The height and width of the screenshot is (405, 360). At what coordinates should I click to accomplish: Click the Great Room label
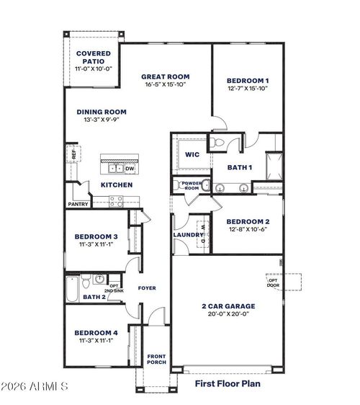165,76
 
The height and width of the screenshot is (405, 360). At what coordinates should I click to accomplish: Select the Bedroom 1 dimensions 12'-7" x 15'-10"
248,89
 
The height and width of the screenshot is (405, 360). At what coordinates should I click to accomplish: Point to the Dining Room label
102,112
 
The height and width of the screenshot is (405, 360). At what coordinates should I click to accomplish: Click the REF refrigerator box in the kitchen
73,153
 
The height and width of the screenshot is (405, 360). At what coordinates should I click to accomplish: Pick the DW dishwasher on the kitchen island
130,169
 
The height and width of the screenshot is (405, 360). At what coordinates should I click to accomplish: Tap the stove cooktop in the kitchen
116,203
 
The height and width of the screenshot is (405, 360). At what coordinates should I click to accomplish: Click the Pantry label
78,204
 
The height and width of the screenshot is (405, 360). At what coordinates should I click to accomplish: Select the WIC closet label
192,154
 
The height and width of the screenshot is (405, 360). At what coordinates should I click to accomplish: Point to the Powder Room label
190,184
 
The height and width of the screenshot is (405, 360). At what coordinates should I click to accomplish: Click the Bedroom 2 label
247,221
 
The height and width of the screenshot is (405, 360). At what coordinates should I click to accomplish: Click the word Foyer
147,288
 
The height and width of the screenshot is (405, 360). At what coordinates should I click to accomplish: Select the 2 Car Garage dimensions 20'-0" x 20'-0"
228,314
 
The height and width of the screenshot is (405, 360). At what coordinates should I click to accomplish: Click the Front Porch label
156,359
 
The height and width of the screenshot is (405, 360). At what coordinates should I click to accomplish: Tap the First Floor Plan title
228,384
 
